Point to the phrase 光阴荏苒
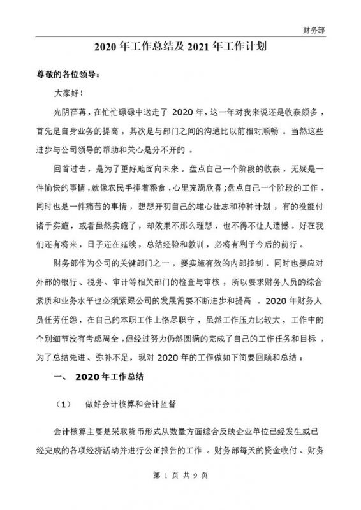(x=71, y=113)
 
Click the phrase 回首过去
(x=71, y=170)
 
